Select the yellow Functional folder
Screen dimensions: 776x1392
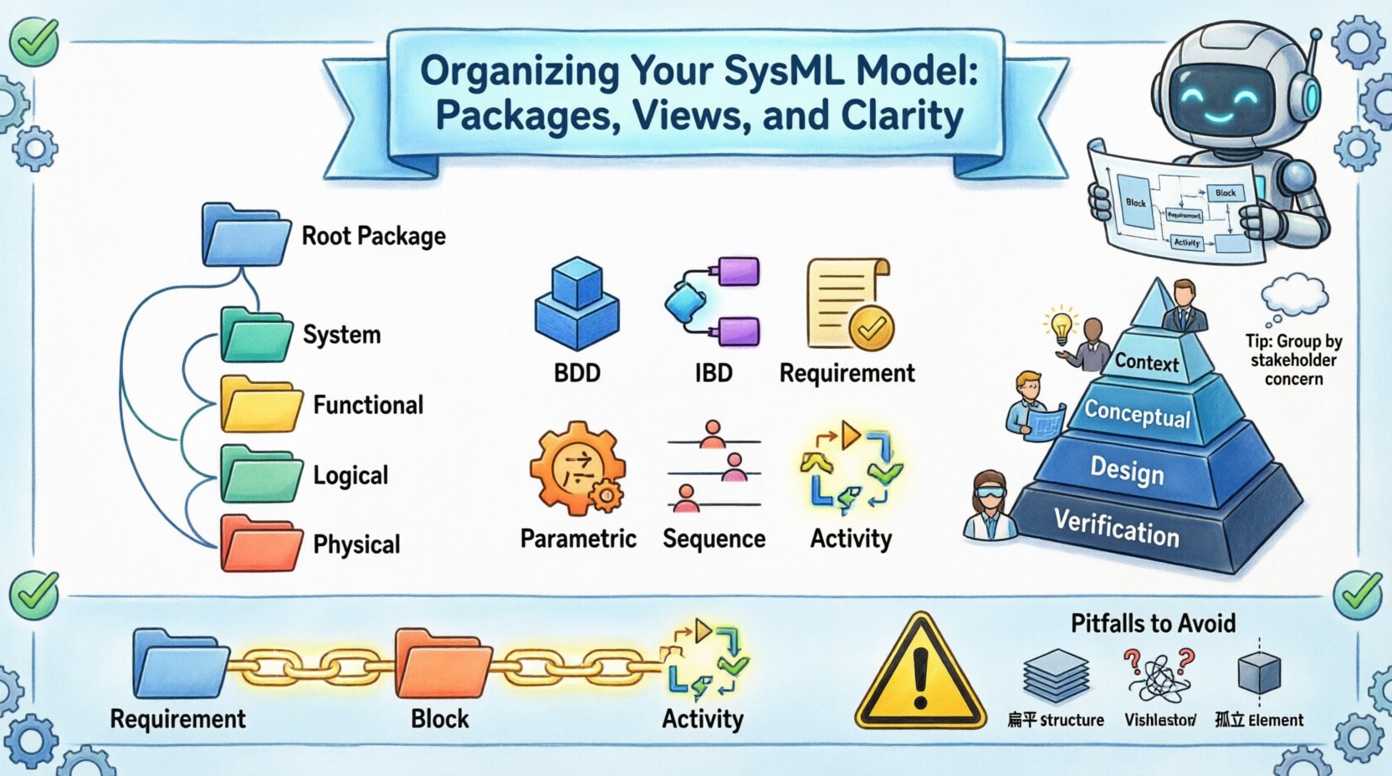click(260, 405)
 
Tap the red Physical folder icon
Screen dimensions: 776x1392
click(260, 544)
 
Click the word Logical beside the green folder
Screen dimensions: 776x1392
click(351, 475)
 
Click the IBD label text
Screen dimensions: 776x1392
click(714, 373)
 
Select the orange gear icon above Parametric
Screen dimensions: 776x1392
click(576, 468)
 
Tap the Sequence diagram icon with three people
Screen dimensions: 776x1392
click(714, 467)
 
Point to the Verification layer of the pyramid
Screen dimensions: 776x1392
click(1117, 528)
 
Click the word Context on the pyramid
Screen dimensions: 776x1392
click(1147, 363)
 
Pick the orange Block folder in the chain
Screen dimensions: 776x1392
click(441, 667)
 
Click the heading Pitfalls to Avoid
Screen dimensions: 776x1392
click(1153, 623)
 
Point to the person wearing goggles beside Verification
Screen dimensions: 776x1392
click(991, 505)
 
